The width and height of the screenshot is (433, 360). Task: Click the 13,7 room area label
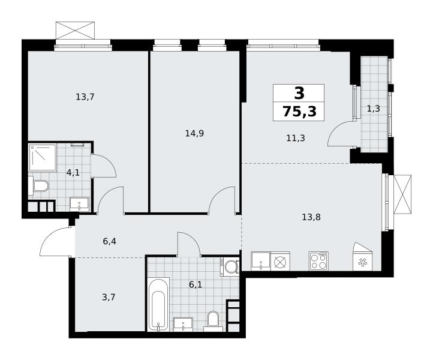point(85,97)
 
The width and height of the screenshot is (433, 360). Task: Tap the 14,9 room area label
point(194,134)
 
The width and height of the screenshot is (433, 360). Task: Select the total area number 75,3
point(300,112)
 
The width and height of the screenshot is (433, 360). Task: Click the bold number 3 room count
point(299,93)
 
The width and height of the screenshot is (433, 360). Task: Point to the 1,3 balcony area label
point(374,109)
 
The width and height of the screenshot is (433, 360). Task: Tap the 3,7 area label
point(109,298)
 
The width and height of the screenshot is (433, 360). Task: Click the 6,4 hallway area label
point(109,241)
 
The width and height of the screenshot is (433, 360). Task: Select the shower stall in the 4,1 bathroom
point(43,157)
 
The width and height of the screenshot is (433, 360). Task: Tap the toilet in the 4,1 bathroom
point(38,185)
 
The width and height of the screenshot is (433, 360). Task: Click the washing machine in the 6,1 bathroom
point(230,266)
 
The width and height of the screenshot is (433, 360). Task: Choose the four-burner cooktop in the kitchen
point(318,261)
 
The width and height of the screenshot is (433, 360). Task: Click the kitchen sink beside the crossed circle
point(261,261)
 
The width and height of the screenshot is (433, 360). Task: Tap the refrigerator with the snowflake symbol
point(363,257)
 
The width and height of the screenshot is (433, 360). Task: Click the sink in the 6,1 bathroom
point(183,324)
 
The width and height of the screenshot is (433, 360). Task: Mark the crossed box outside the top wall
point(75,31)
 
